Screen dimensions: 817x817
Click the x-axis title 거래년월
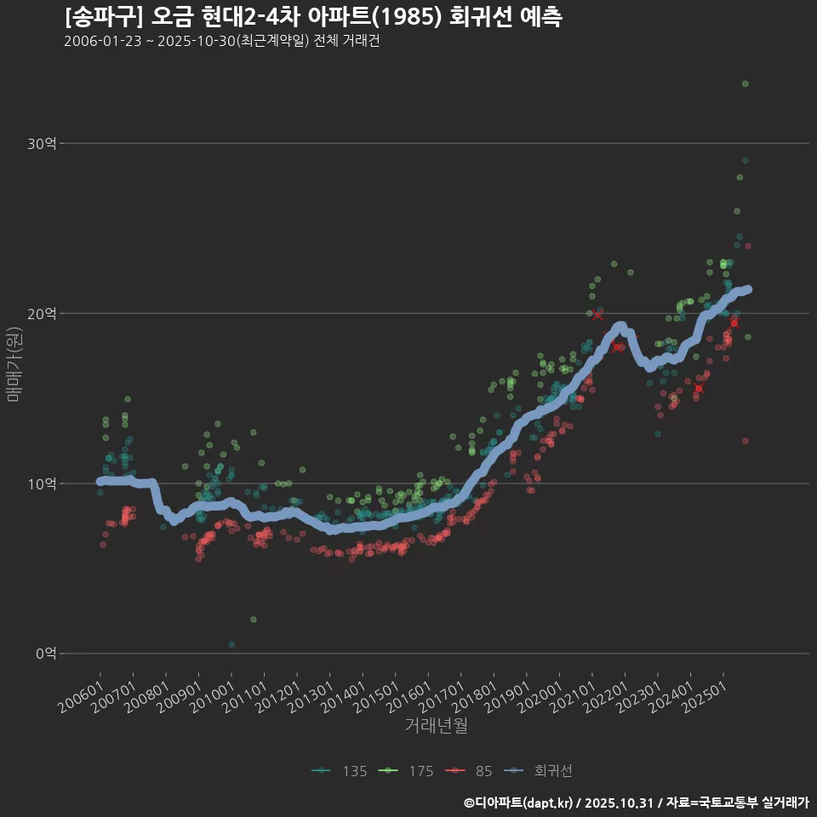[x=436, y=726]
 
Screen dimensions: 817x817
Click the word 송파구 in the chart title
[x=100, y=17]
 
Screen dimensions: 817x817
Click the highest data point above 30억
[x=745, y=83]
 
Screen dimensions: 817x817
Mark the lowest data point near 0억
[x=231, y=644]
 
